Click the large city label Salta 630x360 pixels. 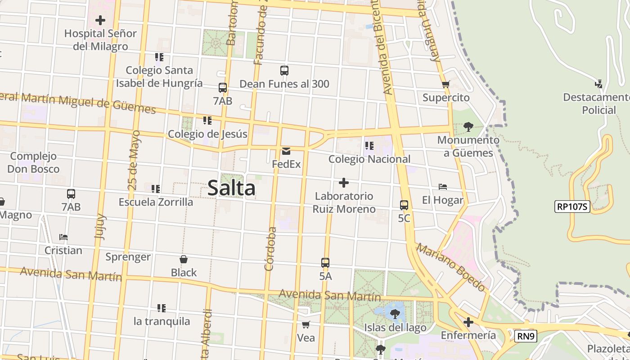(231, 188)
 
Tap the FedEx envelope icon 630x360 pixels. (286, 151)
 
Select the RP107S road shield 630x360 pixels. (572, 207)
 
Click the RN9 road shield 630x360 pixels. (526, 336)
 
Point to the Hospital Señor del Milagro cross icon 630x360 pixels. (100, 20)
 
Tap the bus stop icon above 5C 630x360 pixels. (404, 205)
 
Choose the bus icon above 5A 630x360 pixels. (325, 263)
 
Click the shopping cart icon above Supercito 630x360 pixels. (446, 84)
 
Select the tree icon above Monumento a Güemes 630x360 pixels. (468, 127)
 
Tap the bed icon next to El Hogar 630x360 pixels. (443, 187)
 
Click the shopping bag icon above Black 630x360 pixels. (184, 259)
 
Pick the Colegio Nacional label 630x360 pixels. (369, 159)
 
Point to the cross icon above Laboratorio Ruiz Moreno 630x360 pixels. (344, 183)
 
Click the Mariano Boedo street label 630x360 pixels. (450, 267)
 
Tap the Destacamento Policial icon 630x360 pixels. (598, 84)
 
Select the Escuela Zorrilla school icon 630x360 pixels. (156, 189)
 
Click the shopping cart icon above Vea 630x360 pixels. (306, 324)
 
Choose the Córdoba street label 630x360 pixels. (270, 249)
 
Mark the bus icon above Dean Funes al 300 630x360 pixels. (284, 71)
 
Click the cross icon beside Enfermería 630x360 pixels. (468, 322)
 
